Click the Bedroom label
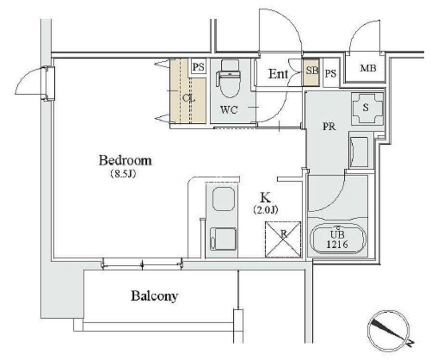[x=125, y=160]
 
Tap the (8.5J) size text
[x=123, y=174]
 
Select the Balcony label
[x=154, y=296]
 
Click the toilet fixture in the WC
[x=229, y=79]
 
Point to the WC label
[x=229, y=110]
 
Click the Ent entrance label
[x=278, y=74]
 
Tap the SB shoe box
[x=311, y=73]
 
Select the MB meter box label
[x=368, y=68]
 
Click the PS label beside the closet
[x=198, y=67]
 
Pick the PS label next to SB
[x=331, y=74]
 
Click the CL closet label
[x=189, y=98]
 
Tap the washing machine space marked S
[x=367, y=108]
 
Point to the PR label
[x=329, y=127]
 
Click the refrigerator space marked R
[x=283, y=239]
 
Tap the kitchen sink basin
[x=224, y=199]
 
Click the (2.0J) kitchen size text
[x=265, y=210]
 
